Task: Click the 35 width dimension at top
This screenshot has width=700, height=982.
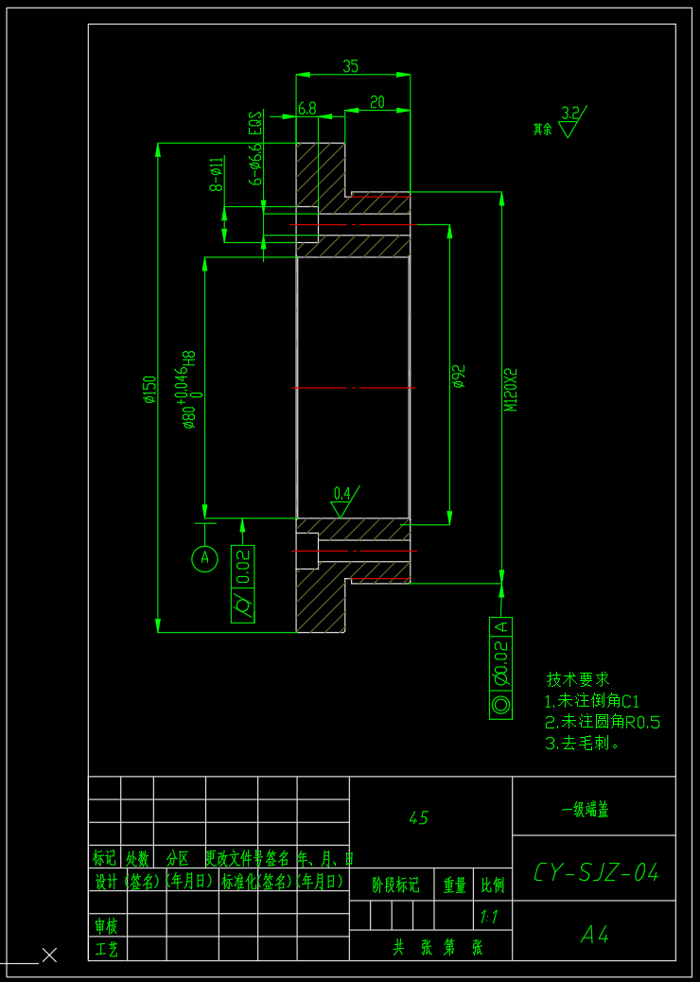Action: (x=351, y=66)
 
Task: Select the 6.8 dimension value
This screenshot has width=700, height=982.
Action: (x=307, y=108)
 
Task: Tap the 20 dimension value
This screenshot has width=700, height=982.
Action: (x=377, y=102)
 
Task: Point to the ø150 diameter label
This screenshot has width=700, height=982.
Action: (x=149, y=389)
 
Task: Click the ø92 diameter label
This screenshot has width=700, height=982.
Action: (x=460, y=377)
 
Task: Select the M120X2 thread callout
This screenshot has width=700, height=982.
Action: (x=511, y=389)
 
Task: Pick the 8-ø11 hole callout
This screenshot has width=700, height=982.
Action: (x=217, y=174)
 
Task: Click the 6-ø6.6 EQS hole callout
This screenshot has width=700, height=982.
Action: (x=254, y=149)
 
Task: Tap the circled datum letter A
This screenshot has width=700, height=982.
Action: (x=205, y=559)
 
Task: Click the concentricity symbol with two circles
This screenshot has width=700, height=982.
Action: (x=500, y=704)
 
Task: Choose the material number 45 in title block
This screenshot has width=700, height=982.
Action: (x=418, y=818)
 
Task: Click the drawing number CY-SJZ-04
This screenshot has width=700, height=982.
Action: (x=596, y=871)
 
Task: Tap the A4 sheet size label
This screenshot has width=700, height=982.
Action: (x=595, y=935)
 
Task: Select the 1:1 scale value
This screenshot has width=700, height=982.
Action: (x=489, y=916)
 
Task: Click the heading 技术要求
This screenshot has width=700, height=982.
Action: (x=578, y=679)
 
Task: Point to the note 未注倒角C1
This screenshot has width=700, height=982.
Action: (x=593, y=701)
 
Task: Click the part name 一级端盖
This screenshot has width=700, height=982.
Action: (x=585, y=810)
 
